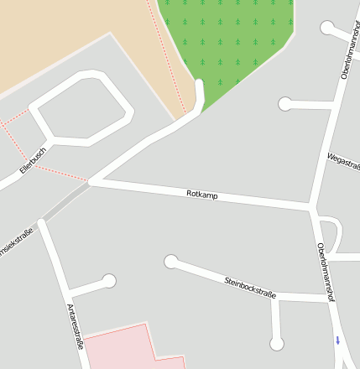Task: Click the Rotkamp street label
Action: [202, 195]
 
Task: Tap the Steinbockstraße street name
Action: [250, 286]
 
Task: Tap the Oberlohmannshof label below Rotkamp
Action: [326, 271]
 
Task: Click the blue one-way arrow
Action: [338, 340]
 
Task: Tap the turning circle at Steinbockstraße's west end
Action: [171, 262]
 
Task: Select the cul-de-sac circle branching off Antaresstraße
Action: [108, 281]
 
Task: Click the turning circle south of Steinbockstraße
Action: [277, 343]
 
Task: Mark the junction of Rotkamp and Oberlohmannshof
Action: [311, 206]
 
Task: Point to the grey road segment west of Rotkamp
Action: [65, 202]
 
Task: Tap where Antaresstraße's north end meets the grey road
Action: [41, 222]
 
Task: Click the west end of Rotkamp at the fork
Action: [91, 181]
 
